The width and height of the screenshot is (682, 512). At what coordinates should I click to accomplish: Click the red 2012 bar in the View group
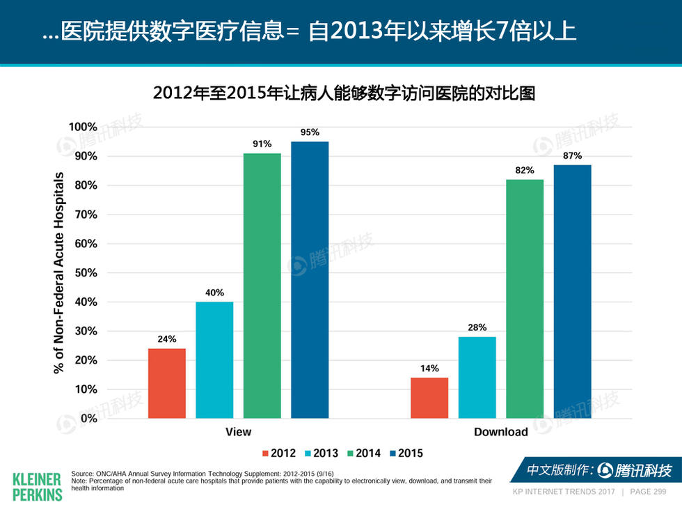click(x=167, y=383)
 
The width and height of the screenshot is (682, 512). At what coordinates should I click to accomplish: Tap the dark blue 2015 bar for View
click(x=310, y=279)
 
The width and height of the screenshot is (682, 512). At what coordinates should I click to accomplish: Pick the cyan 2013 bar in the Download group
click(x=477, y=377)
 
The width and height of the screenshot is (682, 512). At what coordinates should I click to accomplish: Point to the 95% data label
click(x=310, y=132)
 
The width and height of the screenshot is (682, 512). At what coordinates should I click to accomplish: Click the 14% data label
click(x=429, y=369)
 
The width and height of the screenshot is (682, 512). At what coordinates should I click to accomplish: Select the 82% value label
click(x=525, y=170)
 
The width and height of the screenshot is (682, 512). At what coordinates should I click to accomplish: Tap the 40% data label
click(x=214, y=293)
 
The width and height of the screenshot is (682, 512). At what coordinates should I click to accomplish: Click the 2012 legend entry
click(x=278, y=453)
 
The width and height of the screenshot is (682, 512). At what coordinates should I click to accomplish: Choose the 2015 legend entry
click(x=404, y=453)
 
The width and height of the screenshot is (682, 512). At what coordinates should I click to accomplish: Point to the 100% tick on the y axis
click(x=83, y=127)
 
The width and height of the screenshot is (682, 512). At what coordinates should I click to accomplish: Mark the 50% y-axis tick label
click(x=86, y=273)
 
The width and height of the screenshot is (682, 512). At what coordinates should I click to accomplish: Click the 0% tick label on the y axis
click(x=88, y=419)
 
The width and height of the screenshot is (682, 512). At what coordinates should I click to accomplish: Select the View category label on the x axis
click(x=238, y=432)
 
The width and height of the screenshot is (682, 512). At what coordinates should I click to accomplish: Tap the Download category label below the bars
click(x=500, y=432)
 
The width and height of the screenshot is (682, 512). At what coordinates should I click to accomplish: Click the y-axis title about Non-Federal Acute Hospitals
click(x=59, y=272)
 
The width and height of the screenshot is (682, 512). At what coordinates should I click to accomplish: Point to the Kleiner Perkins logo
click(x=37, y=486)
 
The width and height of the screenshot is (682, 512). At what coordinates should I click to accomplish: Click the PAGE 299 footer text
click(x=648, y=492)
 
